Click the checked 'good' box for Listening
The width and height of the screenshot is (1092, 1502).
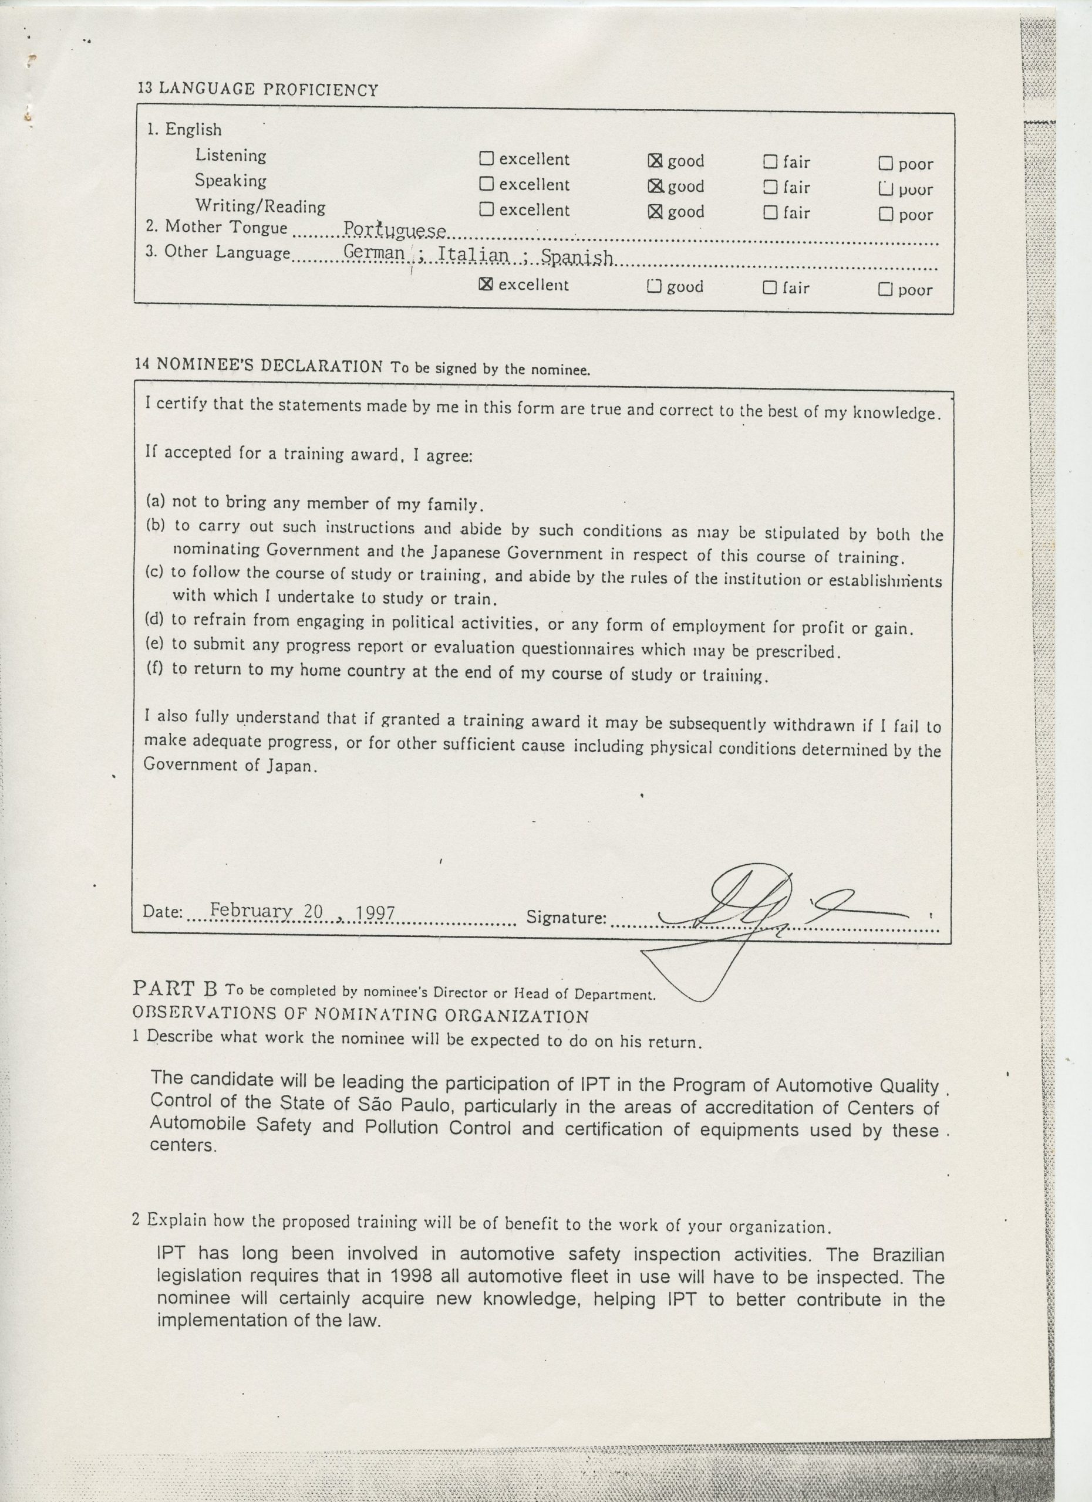click(654, 160)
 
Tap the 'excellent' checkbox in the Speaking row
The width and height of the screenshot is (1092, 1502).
click(486, 184)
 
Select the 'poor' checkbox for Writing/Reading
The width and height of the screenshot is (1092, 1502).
click(885, 214)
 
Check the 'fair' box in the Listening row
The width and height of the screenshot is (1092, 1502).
click(770, 161)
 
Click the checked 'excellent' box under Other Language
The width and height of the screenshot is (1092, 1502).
click(486, 284)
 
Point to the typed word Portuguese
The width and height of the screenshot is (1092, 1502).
click(395, 230)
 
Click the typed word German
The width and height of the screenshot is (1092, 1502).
click(374, 253)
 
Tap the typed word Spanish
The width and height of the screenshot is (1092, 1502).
click(577, 257)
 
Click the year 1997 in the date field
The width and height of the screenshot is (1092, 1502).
click(375, 914)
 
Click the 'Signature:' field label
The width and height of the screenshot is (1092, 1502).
click(566, 918)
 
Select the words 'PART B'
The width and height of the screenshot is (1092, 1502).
click(175, 989)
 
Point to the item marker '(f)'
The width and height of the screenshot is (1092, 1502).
click(154, 668)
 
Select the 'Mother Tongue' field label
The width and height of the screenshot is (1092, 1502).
click(226, 227)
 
